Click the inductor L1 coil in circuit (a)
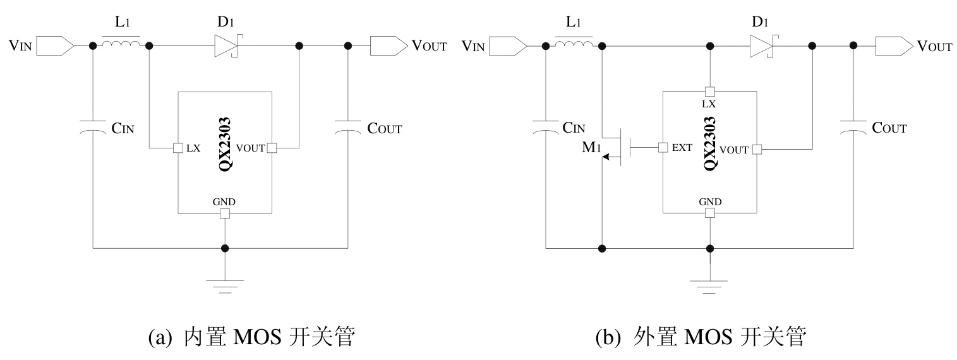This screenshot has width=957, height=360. click(x=121, y=45)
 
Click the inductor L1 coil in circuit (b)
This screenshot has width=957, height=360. click(x=574, y=45)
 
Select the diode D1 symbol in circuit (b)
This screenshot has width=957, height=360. click(x=761, y=45)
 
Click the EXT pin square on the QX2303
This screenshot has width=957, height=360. click(x=663, y=148)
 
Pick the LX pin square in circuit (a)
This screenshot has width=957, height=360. click(x=178, y=148)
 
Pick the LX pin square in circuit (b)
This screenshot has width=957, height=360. click(x=710, y=92)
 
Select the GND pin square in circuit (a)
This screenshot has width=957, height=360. click(x=224, y=213)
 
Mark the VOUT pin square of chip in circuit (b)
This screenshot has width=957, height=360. click(x=756, y=149)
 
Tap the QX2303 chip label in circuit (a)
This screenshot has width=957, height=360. click(x=224, y=142)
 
